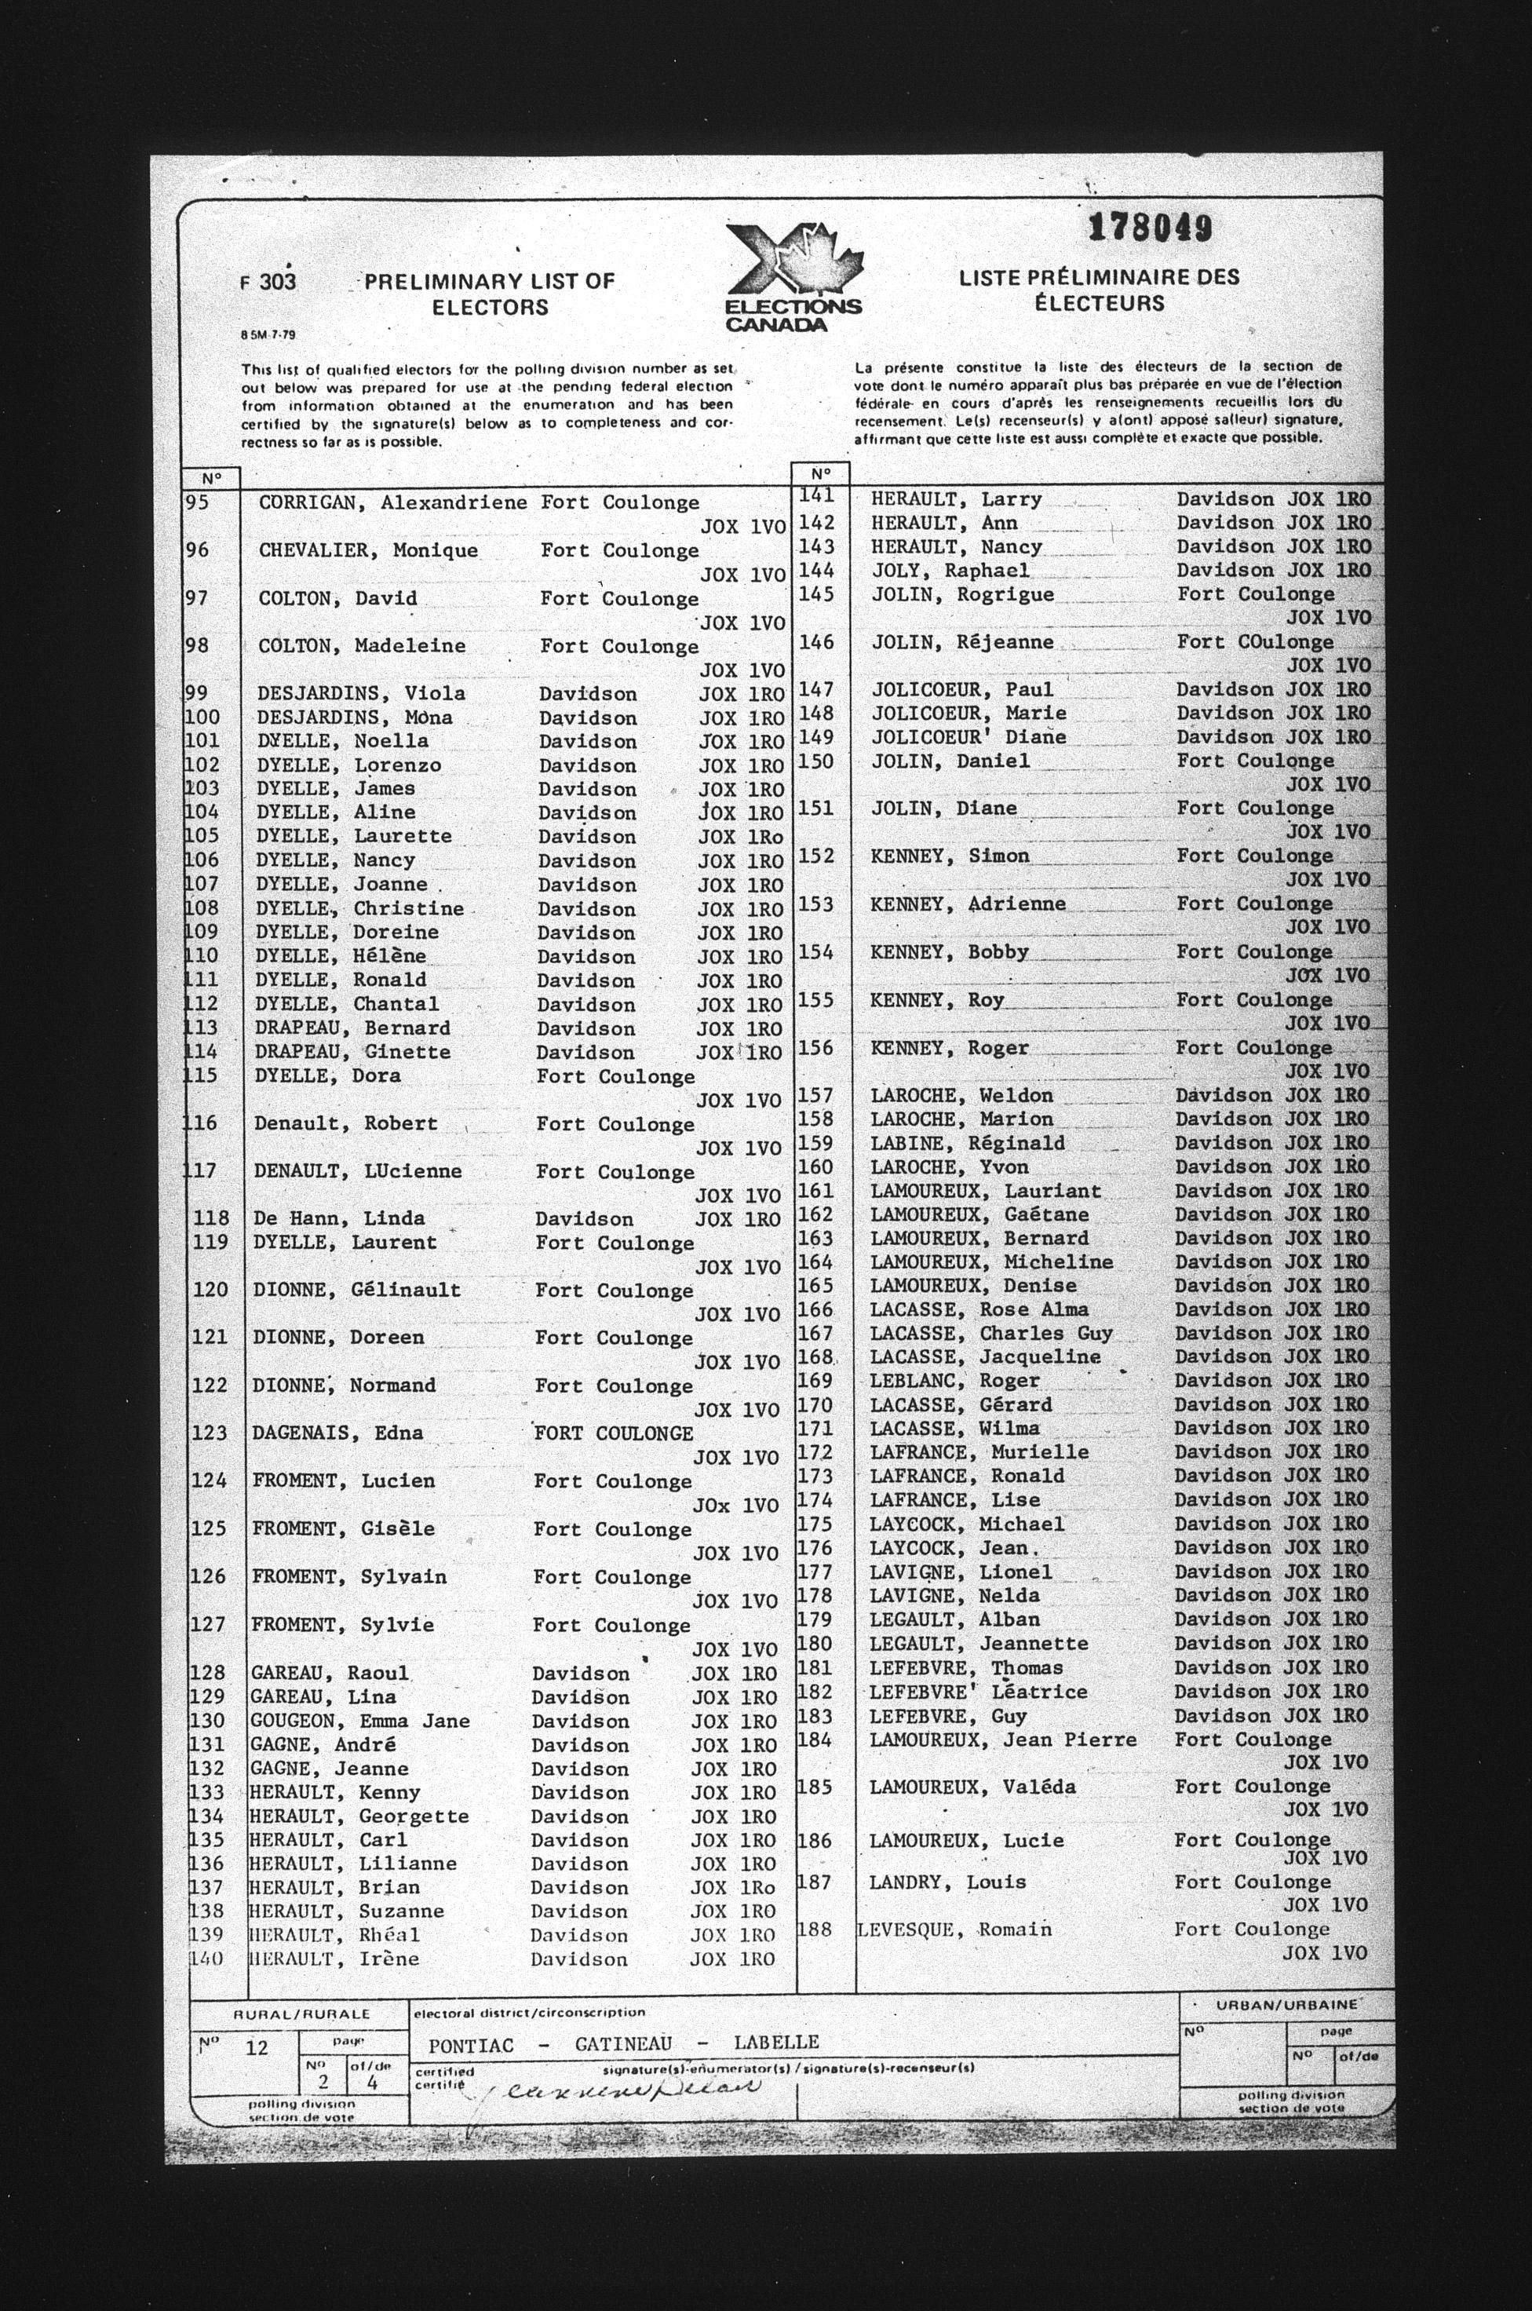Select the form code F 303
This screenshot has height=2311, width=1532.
tap(268, 283)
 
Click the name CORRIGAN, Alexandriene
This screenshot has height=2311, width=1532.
tap(392, 503)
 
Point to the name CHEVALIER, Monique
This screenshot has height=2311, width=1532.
tap(368, 551)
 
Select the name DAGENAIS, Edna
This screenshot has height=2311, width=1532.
tap(338, 1433)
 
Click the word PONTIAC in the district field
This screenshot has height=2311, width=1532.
tap(470, 2043)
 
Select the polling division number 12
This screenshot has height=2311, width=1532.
tap(256, 2047)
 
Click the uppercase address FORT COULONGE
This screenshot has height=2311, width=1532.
tap(614, 1433)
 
